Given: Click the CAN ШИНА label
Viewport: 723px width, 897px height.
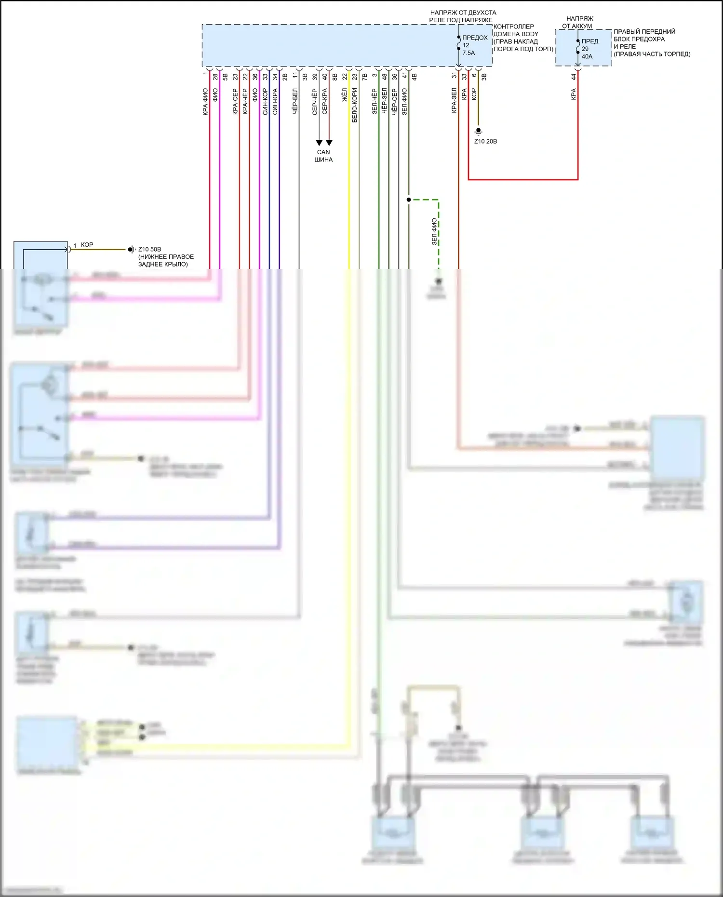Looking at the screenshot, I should (323, 156).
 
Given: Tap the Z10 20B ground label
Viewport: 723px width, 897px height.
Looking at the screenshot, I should (485, 141).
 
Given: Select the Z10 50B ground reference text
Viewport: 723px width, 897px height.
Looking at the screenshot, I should (149, 249).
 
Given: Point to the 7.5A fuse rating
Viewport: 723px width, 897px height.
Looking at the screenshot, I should (469, 53).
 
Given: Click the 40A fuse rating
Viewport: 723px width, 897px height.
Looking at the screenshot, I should (587, 56).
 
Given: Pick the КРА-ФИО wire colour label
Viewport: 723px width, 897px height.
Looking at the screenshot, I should (205, 102).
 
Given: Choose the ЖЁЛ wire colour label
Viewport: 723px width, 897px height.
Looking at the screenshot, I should (345, 94).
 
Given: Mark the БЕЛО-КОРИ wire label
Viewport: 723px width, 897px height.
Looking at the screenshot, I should (355, 105).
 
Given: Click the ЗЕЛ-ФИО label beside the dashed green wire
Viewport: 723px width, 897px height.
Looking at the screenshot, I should (434, 231).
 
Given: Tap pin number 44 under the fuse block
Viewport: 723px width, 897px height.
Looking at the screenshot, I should (574, 76).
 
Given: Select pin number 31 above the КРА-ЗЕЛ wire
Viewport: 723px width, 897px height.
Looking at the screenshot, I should (454, 76).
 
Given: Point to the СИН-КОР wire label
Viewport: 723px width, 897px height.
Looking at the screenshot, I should (265, 101).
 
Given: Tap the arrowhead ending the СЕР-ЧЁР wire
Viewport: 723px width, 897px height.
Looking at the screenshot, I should (319, 143).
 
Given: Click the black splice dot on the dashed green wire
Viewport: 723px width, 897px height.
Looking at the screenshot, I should (409, 200).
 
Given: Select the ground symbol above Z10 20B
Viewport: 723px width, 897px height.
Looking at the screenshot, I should (479, 131).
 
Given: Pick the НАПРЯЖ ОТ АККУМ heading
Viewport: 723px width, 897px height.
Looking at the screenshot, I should (579, 22).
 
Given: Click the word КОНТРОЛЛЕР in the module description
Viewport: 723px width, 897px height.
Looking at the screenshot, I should (514, 27).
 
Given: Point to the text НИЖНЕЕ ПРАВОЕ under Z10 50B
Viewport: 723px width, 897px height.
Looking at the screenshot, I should (166, 257).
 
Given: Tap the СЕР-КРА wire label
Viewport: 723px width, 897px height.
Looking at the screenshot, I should (325, 101).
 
